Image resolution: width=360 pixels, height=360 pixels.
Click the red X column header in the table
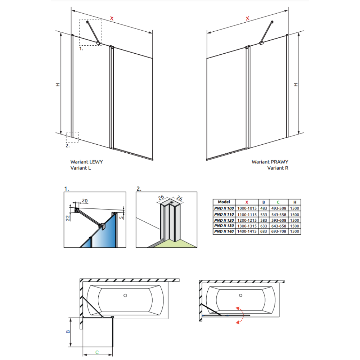pos(247,202)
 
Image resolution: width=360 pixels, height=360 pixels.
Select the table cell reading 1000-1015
pos(247,208)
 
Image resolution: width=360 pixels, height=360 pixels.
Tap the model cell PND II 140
pos(224,231)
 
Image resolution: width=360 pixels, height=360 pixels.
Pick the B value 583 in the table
pos(264,220)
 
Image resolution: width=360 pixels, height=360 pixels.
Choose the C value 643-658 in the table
pos(279,226)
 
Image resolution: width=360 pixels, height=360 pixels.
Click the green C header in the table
pos(278,202)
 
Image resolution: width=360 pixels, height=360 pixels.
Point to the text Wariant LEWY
pos(86,162)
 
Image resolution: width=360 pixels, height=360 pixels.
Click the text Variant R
pos(278,168)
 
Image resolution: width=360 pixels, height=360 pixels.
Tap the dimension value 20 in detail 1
pos(85,201)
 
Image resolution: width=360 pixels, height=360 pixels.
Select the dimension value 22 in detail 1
pos(68,218)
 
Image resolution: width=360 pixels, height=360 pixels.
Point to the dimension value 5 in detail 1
pos(121,217)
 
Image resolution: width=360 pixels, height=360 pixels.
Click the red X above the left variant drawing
pos(112,18)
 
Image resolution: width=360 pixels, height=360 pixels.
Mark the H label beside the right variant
pos(296,85)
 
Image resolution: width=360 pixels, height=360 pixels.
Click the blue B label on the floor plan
pos(68,332)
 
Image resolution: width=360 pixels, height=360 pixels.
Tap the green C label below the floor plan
pos(97,352)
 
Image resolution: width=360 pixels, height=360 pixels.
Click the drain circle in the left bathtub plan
pos(125,296)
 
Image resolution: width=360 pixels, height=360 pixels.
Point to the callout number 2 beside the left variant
pos(68,146)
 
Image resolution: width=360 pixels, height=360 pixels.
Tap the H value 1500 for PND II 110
pos(294,215)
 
